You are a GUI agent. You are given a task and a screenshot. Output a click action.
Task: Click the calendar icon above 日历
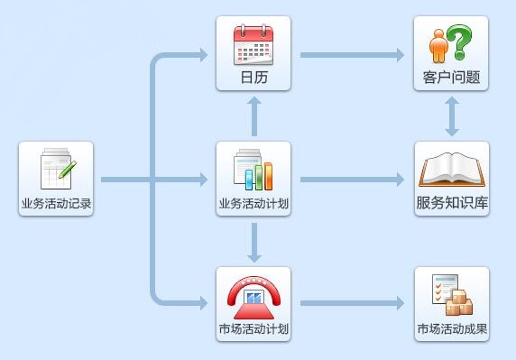(253, 44)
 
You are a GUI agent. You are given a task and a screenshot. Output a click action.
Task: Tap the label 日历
(253, 78)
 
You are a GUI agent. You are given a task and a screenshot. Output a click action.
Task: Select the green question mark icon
(459, 42)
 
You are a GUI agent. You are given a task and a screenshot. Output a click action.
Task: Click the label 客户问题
(452, 78)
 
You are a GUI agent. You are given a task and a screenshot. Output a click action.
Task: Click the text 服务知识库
(452, 203)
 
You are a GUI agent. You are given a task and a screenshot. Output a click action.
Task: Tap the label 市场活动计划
(253, 328)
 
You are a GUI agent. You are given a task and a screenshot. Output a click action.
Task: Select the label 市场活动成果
(452, 328)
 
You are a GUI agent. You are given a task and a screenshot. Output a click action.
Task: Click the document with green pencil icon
(57, 170)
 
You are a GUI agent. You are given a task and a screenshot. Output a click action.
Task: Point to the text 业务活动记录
(56, 203)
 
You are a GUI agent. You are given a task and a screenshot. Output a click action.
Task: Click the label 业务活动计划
(253, 203)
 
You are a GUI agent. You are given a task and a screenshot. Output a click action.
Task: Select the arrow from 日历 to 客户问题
(352, 55)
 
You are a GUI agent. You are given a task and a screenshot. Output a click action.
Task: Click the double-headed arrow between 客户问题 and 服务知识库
(452, 115)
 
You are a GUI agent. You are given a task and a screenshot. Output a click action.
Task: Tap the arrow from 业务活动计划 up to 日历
(254, 115)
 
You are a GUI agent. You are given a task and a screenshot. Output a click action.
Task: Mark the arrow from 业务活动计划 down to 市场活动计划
(254, 241)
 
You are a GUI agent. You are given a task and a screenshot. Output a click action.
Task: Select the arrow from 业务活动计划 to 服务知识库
(352, 180)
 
